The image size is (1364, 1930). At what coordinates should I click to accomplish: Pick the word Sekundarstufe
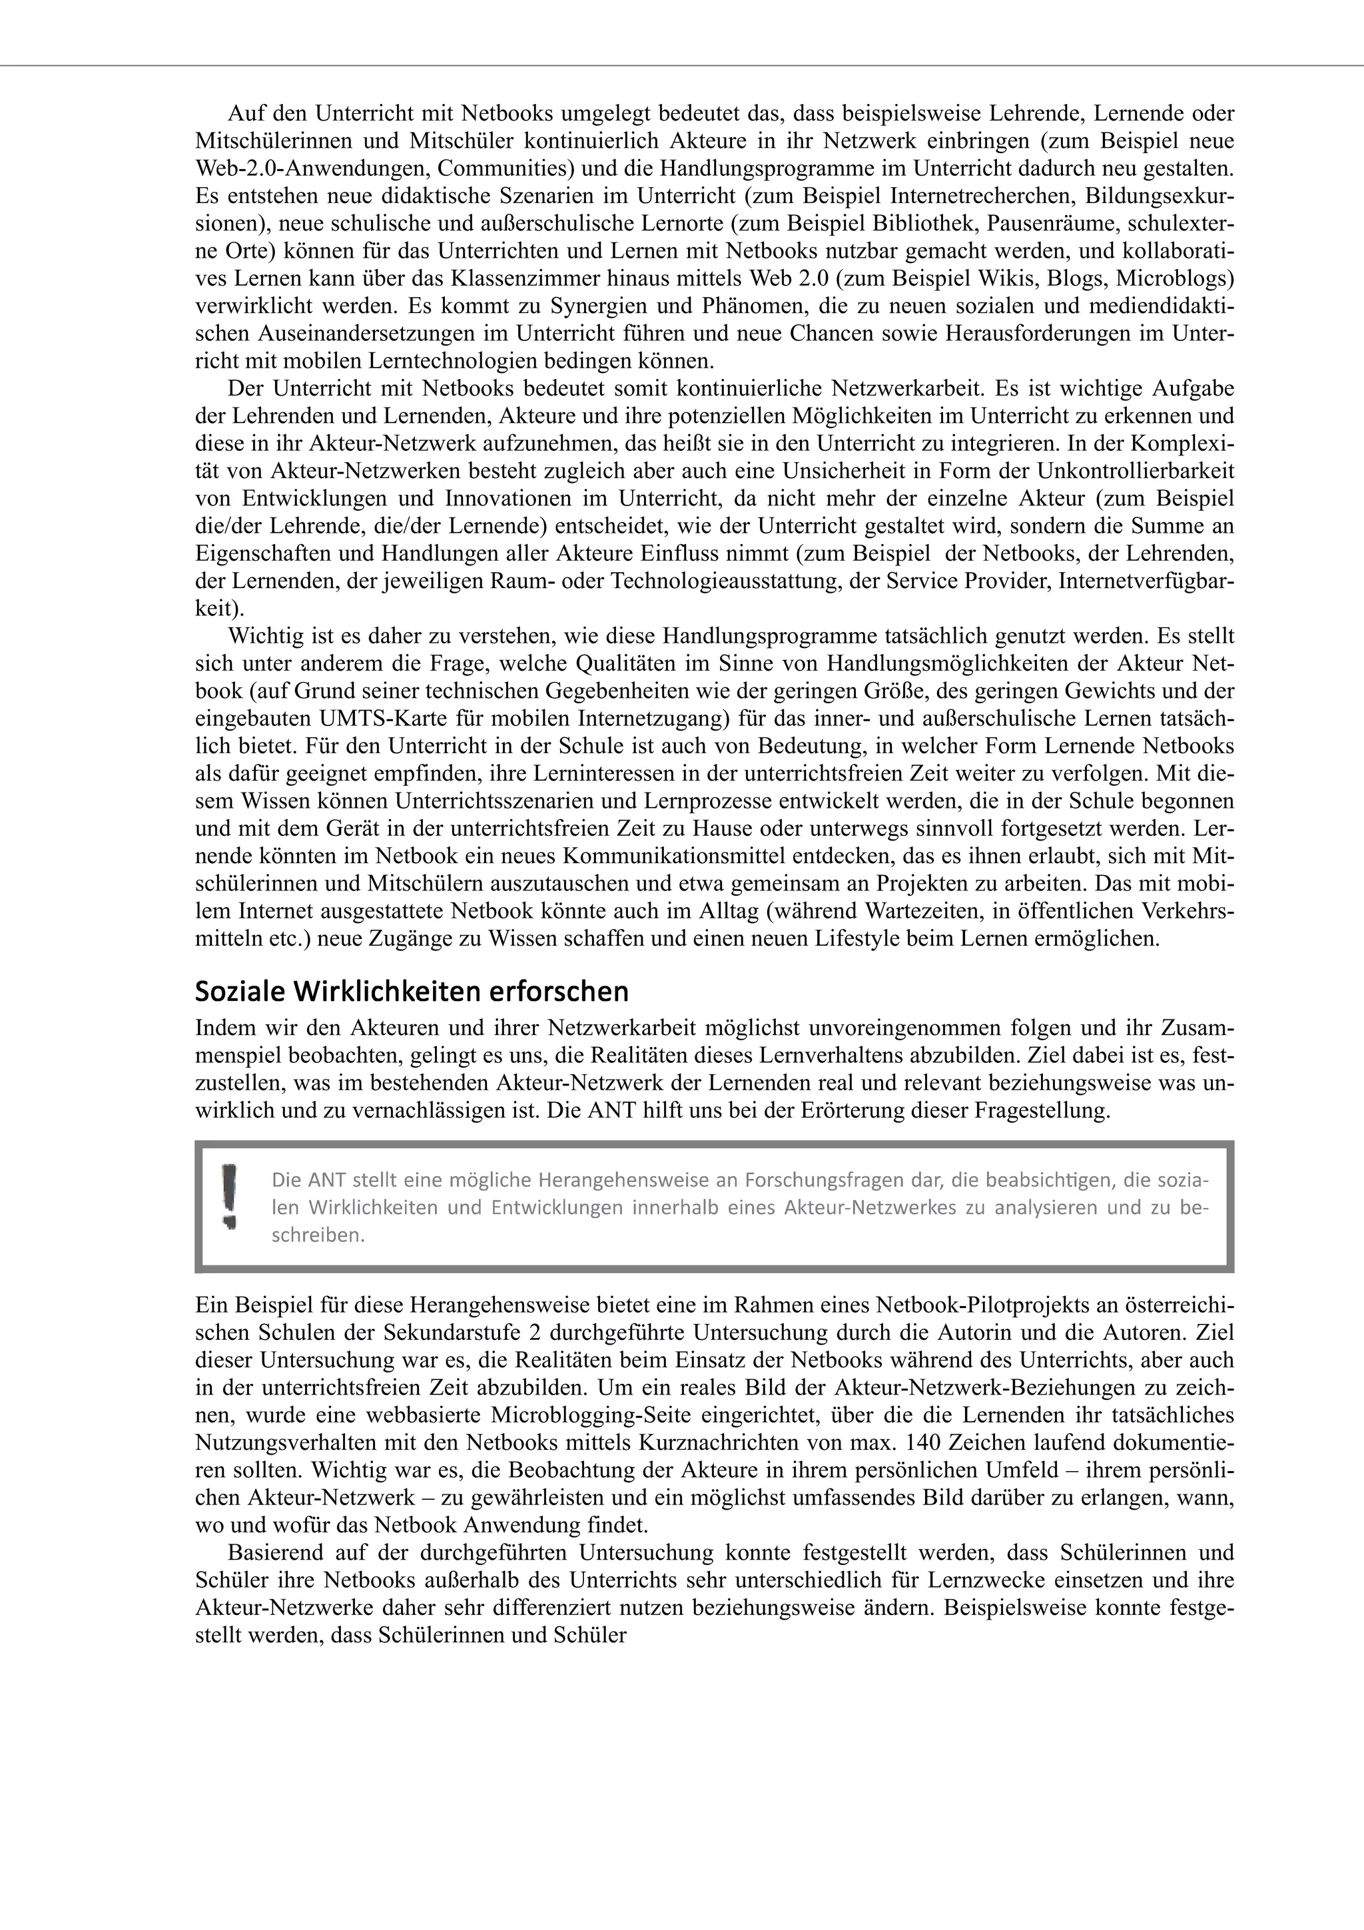pos(446,1333)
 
